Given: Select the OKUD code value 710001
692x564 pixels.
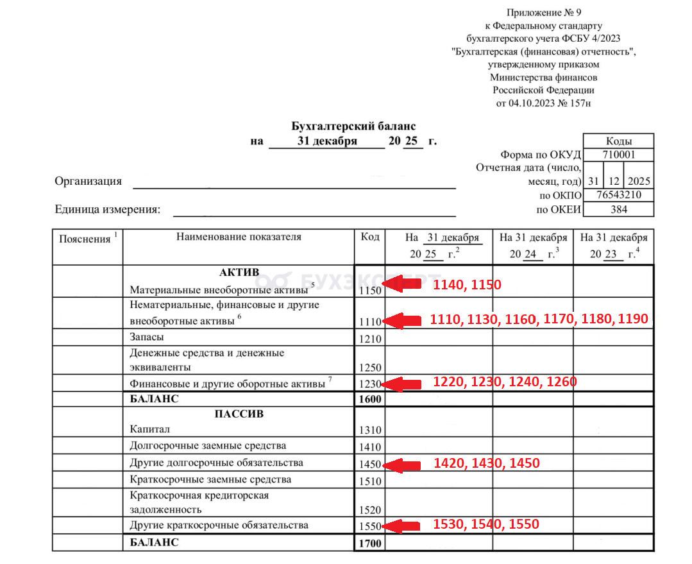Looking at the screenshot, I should (x=618, y=155).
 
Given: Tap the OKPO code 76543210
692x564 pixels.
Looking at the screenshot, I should (x=618, y=195).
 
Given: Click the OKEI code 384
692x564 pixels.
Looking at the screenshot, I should (x=618, y=209).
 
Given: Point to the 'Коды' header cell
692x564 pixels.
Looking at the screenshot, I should (x=618, y=141).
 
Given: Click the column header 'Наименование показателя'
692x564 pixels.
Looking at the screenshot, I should (x=238, y=237).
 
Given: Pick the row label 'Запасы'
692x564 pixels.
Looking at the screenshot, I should (x=146, y=337).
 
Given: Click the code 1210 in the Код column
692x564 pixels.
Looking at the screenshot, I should (x=370, y=339).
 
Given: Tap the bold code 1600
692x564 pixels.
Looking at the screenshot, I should (x=370, y=400).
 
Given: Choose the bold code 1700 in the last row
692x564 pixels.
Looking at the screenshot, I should (x=370, y=544).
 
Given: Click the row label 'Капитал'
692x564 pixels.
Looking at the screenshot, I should (x=150, y=429).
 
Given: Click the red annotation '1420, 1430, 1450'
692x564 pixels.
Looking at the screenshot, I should (x=487, y=463).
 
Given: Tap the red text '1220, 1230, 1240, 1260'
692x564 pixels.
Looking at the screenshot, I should (x=505, y=382).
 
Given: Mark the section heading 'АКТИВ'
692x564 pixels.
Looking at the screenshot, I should (x=239, y=272).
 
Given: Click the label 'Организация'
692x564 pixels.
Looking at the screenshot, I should (x=88, y=181).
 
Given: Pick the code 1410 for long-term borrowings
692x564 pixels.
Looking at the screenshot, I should (x=370, y=447).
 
